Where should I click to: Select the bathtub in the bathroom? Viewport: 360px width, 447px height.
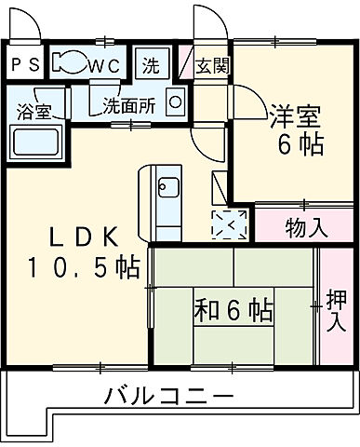[x=35, y=142]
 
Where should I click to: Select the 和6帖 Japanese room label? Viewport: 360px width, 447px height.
[x=233, y=306]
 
